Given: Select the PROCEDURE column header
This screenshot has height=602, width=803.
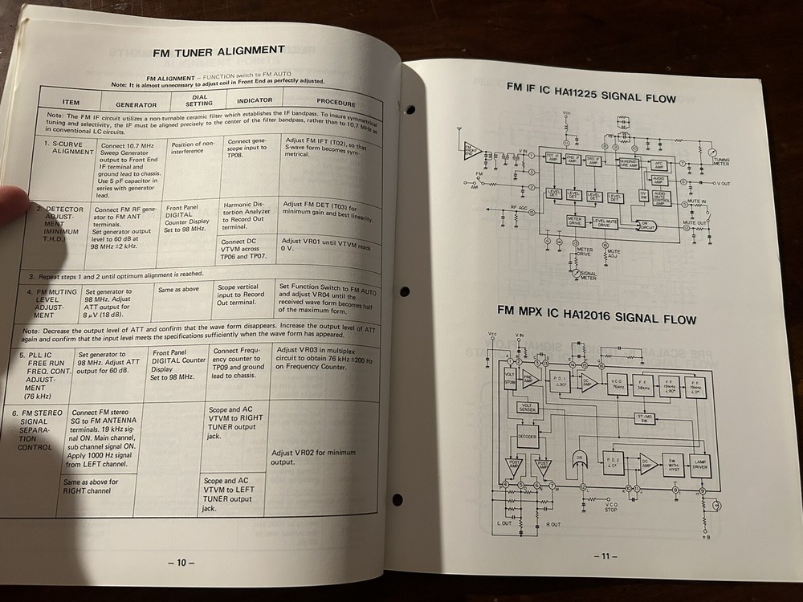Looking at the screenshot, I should tap(335, 103).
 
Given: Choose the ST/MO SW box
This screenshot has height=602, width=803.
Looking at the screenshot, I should tap(644, 417).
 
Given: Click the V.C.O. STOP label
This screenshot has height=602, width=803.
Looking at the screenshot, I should tap(611, 506).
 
